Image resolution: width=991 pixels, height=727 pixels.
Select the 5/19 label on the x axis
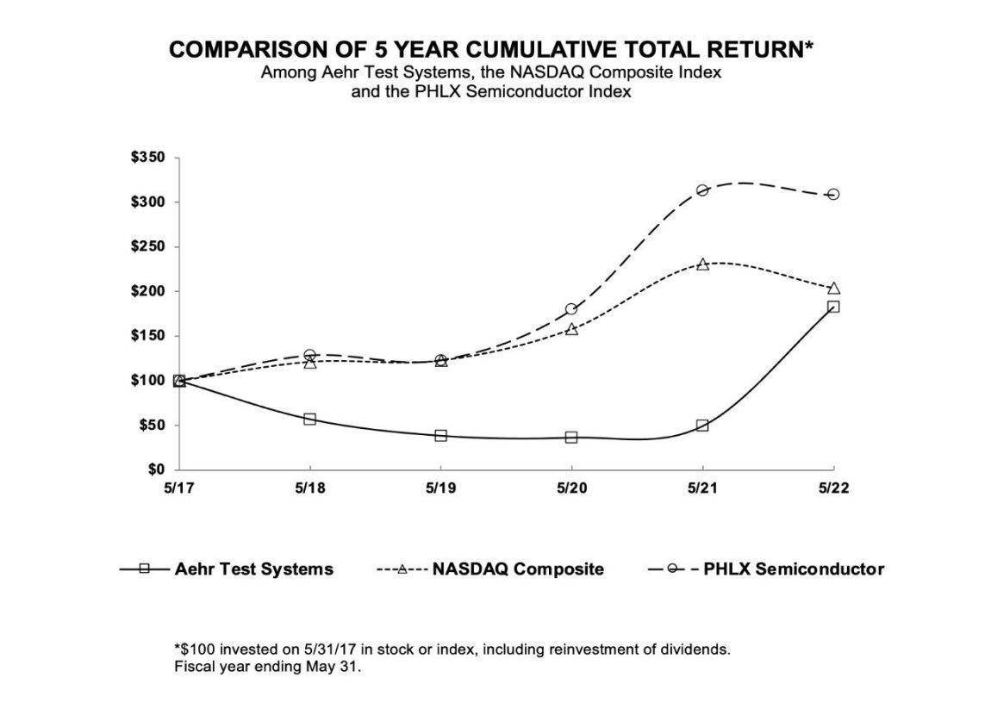coord(440,487)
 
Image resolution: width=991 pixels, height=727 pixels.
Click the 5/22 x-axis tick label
coord(833,487)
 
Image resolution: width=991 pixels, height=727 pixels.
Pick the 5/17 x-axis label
coord(178,487)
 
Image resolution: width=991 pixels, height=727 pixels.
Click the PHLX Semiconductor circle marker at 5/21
coord(702,190)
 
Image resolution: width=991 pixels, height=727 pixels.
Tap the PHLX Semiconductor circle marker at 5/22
coord(833,194)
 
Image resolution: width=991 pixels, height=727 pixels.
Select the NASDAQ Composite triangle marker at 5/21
coord(702,264)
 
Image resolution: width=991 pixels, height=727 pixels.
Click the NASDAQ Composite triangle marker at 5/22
coord(833,289)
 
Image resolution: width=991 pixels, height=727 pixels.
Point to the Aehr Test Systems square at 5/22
coord(833,307)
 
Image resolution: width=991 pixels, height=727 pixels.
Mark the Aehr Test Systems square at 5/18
coord(309,419)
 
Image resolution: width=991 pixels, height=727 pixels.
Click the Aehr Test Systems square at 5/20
coord(571,437)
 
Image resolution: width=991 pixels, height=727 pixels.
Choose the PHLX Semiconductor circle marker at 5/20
coord(571,309)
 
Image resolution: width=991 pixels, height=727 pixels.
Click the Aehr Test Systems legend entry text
coord(253,569)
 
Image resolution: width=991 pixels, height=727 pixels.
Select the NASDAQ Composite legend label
coord(518,569)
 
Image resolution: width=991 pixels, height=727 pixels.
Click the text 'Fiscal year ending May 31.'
coord(268,666)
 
